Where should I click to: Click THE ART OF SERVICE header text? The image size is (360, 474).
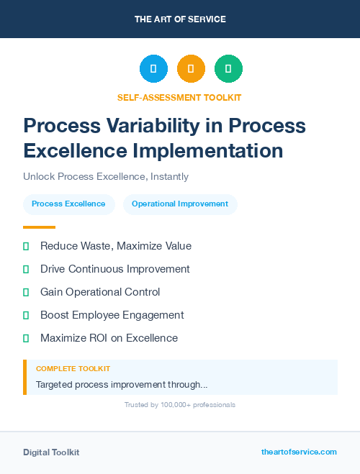pyautogui.click(x=180, y=19)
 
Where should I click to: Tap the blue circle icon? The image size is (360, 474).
pyautogui.click(x=153, y=68)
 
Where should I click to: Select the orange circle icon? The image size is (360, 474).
pyautogui.click(x=191, y=68)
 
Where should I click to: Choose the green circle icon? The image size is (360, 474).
pyautogui.click(x=228, y=68)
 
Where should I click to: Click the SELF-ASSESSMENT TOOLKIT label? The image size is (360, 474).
pyautogui.click(x=180, y=97)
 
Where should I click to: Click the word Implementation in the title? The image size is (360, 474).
pyautogui.click(x=210, y=150)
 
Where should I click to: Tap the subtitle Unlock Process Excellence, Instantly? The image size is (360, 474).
pyautogui.click(x=105, y=176)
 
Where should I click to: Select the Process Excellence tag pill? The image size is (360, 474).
pyautogui.click(x=68, y=204)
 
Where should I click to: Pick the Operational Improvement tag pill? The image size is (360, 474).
pyautogui.click(x=180, y=204)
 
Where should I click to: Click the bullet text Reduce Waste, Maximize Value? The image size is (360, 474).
pyautogui.click(x=115, y=246)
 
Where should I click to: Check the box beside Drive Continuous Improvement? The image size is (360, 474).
pyautogui.click(x=26, y=269)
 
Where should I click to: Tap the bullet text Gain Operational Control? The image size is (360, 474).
pyautogui.click(x=100, y=292)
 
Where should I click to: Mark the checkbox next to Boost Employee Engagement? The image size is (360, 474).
pyautogui.click(x=26, y=315)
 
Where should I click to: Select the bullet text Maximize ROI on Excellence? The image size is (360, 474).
pyautogui.click(x=109, y=338)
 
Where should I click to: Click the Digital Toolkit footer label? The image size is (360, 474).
pyautogui.click(x=51, y=452)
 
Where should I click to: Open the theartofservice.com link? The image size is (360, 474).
pyautogui.click(x=299, y=452)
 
